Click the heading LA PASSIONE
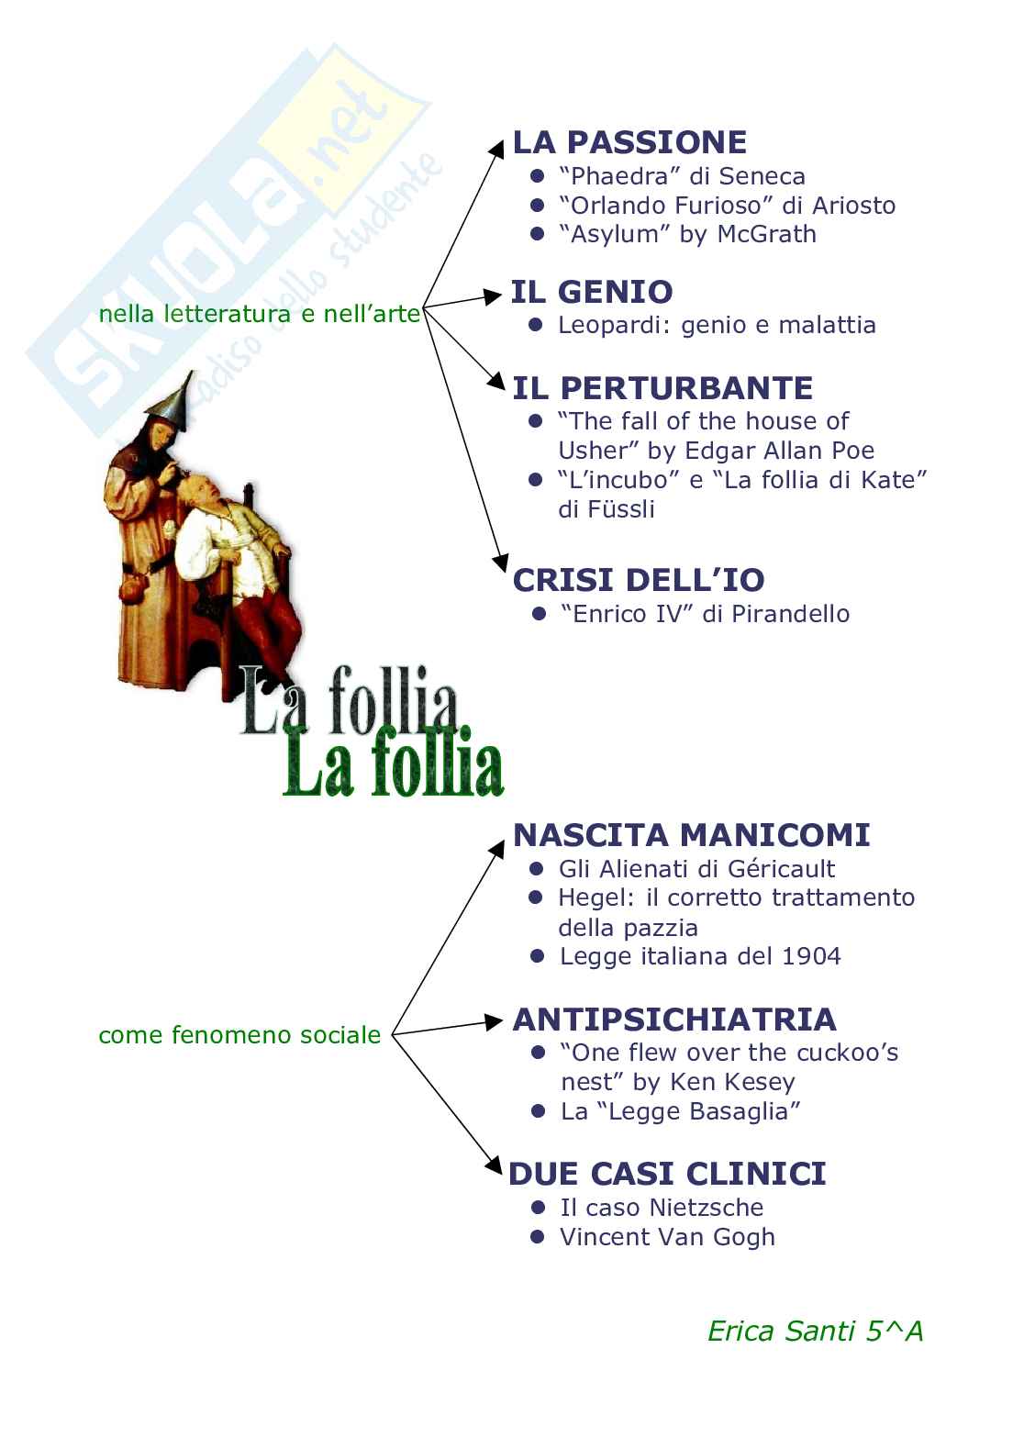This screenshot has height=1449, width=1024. [629, 142]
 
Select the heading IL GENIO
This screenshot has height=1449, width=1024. [592, 292]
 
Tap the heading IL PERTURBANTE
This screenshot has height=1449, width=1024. [662, 388]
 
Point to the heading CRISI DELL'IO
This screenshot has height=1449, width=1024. [639, 580]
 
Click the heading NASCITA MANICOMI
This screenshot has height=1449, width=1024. [691, 835]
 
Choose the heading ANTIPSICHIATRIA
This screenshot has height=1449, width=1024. [674, 1020]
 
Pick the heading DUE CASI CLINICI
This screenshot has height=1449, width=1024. [667, 1174]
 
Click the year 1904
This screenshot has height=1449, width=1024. [811, 956]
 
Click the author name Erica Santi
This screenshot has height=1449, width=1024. [781, 1332]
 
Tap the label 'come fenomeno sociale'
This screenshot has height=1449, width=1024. [239, 1035]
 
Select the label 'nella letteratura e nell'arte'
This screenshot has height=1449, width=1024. [259, 315]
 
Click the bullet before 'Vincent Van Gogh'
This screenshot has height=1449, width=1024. [538, 1237]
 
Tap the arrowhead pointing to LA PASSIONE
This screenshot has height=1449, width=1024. [496, 148]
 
